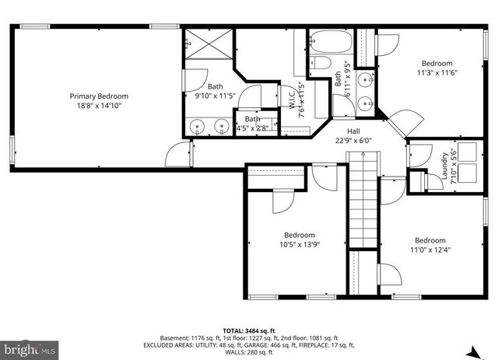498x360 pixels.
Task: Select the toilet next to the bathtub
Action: click(x=321, y=64)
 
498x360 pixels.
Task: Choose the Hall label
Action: click(x=354, y=131)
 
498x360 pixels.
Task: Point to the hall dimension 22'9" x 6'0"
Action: click(x=354, y=141)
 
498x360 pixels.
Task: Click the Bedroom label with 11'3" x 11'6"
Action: click(x=437, y=63)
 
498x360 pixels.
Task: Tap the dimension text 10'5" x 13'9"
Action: click(x=299, y=244)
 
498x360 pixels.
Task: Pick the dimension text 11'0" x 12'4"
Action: click(x=430, y=250)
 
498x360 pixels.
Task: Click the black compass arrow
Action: click(x=477, y=351)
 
